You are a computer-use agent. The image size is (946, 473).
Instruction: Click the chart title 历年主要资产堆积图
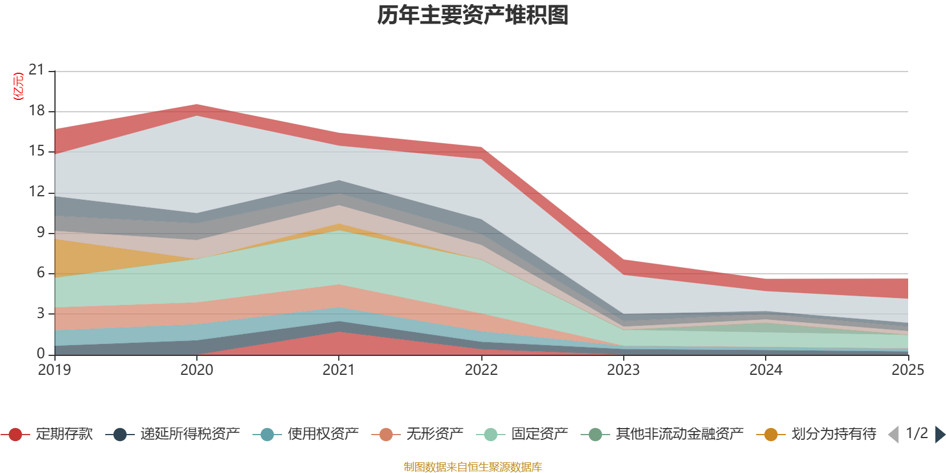coord(473,15)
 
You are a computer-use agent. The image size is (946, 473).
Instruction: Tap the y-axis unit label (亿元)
coord(18,86)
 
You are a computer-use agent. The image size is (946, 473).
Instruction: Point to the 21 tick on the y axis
coord(37,70)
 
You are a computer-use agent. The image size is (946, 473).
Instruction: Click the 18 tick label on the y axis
coord(37,111)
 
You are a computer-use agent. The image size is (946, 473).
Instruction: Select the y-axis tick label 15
coord(37,151)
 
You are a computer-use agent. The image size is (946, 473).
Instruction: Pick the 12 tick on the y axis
coord(37,192)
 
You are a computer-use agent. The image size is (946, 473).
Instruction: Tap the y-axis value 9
coord(41,232)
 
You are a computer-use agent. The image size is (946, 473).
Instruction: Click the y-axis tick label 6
coord(41,273)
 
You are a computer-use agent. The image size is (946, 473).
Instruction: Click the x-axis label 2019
coord(54,370)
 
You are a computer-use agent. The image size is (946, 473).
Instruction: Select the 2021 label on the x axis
coord(338,370)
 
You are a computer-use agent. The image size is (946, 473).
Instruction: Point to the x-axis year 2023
coord(623,370)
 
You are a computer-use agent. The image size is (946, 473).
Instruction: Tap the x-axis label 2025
coord(907,370)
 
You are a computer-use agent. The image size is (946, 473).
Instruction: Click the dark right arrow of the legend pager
coord(939,435)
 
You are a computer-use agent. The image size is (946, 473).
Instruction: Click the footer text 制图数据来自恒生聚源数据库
coord(472,467)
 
